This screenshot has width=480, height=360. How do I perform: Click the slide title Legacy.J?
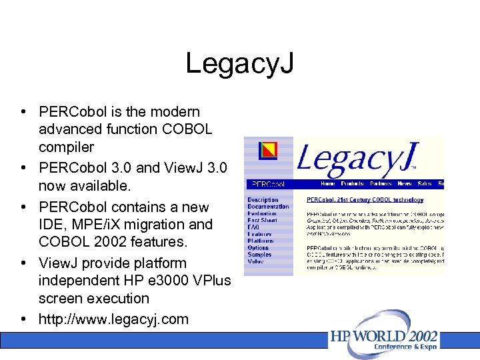pos(239,64)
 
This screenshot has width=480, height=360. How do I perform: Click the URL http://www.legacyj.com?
pos(113,319)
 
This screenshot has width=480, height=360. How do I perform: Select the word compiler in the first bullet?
pos(66,147)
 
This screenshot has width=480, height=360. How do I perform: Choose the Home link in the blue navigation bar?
pos(328,183)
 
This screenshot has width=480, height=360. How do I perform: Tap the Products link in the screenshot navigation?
pos(352,183)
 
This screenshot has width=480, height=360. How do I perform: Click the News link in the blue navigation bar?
pos(405,183)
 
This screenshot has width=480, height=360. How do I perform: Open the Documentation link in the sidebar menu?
pos(268,207)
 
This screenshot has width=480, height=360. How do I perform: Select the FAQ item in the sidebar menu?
pos(253,227)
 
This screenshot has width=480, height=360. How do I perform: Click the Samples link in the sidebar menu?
pos(259,255)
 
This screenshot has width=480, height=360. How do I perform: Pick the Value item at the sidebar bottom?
pos(255,261)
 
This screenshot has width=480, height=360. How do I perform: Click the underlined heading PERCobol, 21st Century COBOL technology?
pos(365,199)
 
